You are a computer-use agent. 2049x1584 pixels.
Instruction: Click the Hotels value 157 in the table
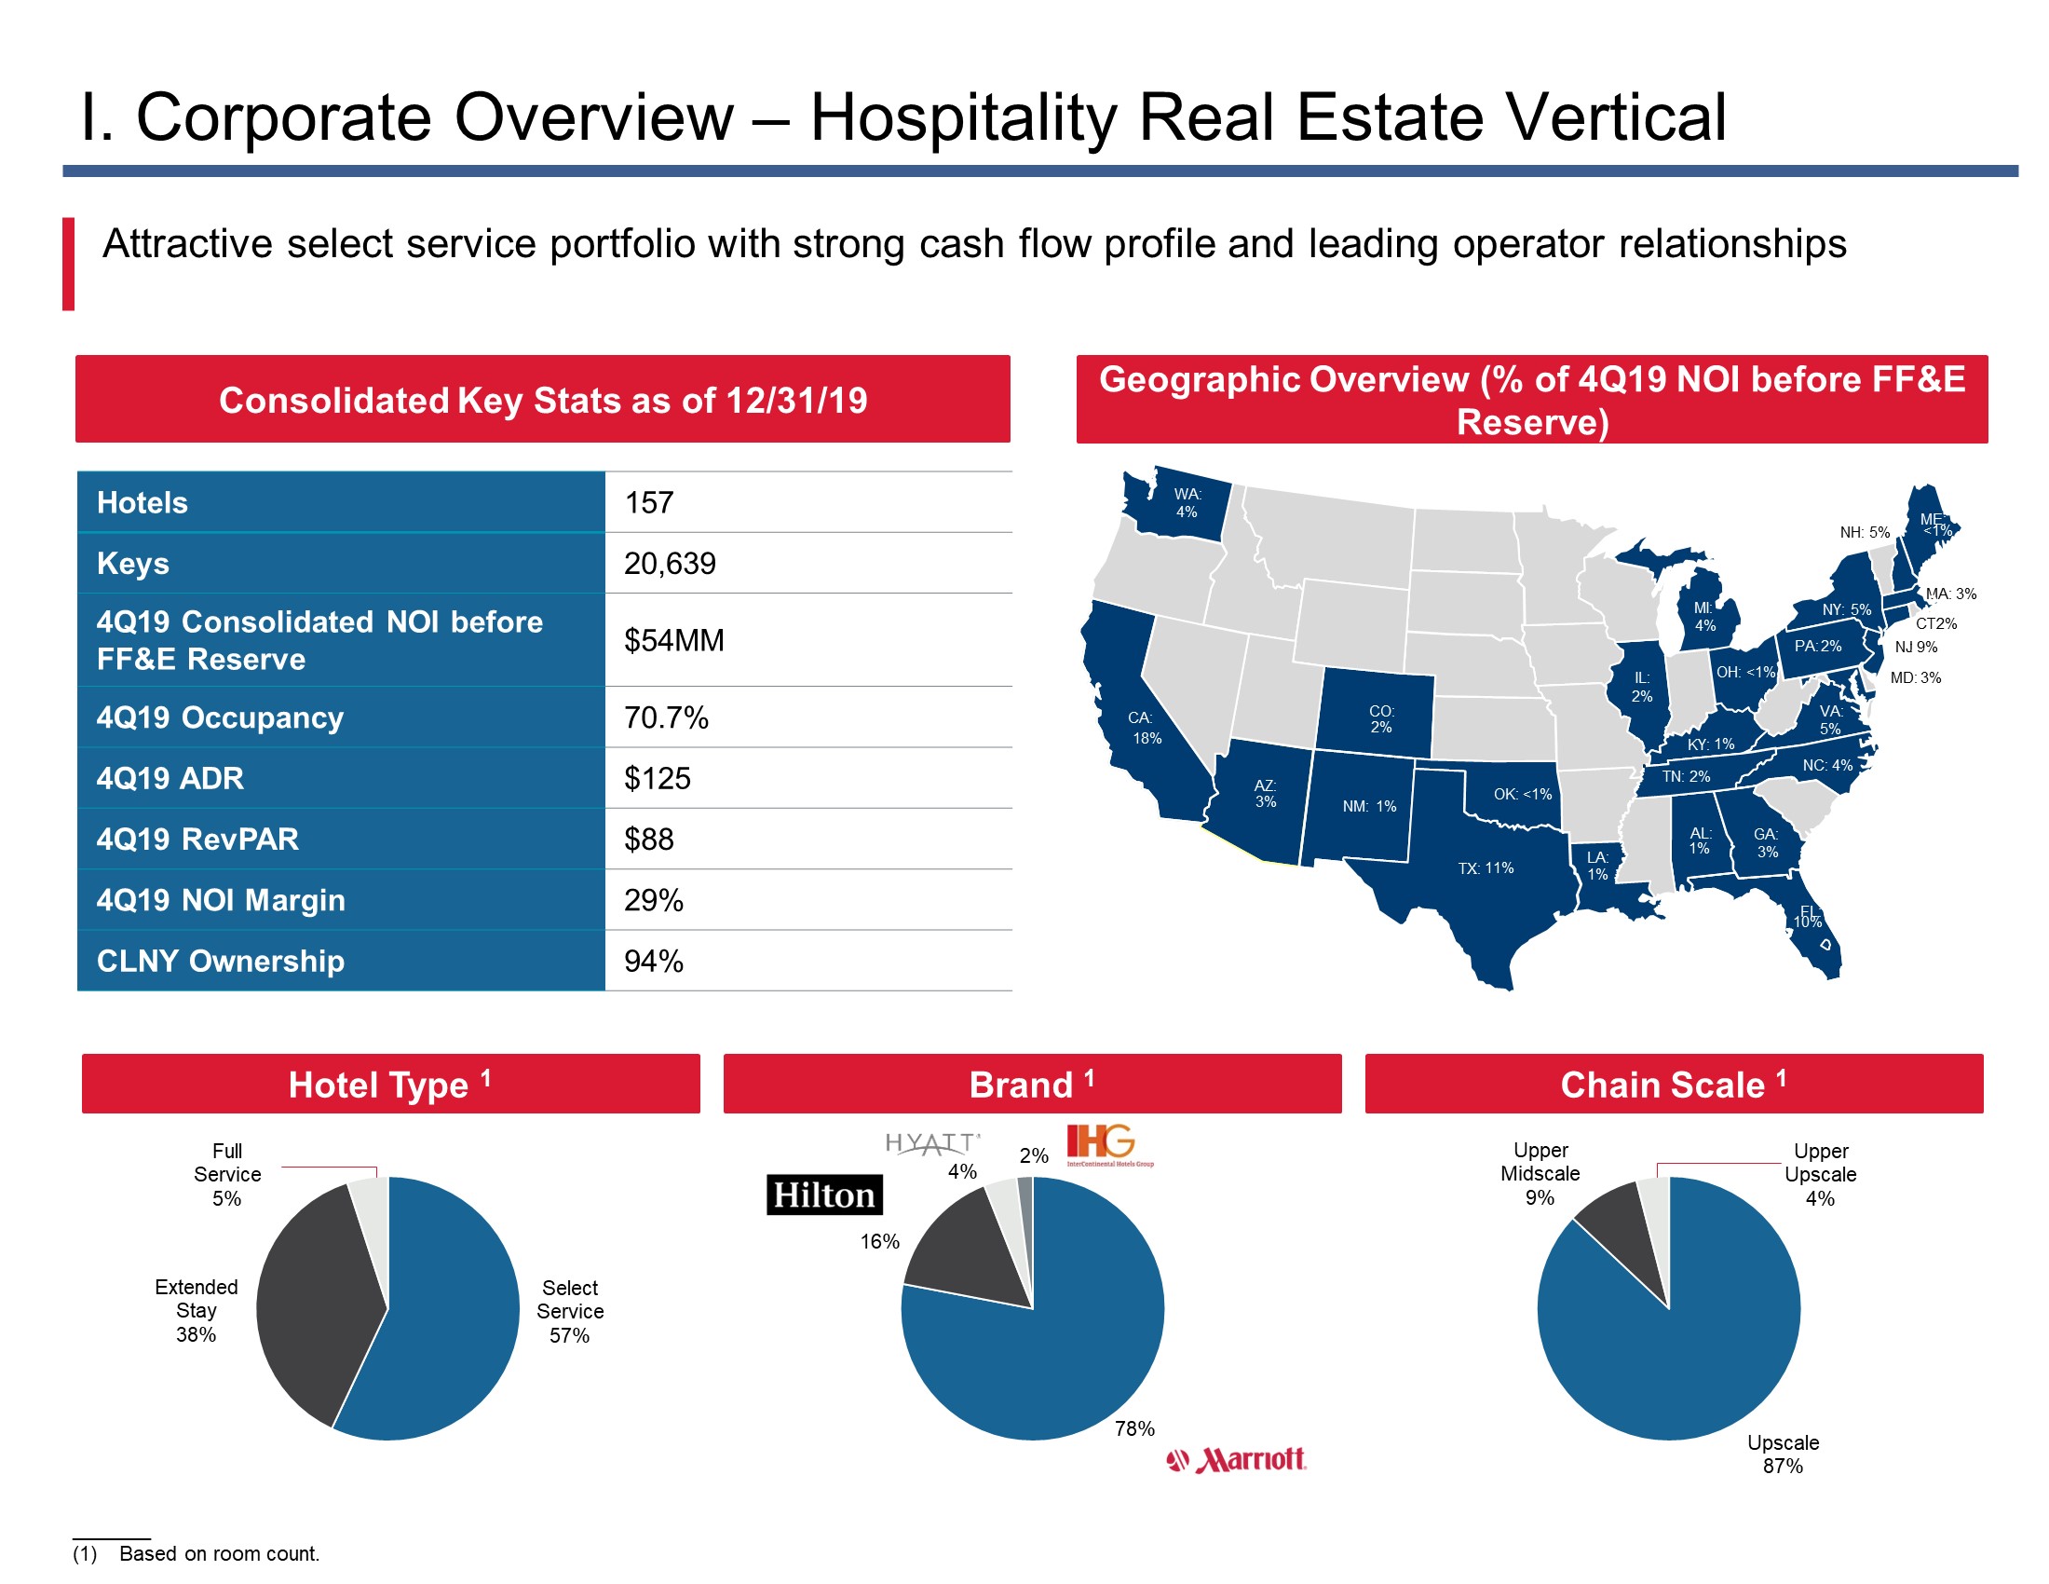click(x=649, y=503)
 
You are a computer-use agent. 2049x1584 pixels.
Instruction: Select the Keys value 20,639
click(x=670, y=564)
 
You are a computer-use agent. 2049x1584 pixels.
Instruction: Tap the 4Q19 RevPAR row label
click(x=198, y=839)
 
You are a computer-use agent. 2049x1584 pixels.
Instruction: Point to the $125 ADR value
click(x=658, y=779)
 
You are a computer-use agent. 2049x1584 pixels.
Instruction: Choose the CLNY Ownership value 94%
click(x=654, y=962)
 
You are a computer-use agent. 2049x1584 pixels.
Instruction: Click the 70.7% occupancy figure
click(x=666, y=717)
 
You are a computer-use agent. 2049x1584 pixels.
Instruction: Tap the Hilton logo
click(x=824, y=1195)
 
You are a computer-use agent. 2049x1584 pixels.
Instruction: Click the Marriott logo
click(x=1236, y=1460)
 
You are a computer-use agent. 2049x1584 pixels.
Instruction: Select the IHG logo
click(x=1110, y=1145)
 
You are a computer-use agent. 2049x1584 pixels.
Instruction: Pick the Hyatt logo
click(x=932, y=1143)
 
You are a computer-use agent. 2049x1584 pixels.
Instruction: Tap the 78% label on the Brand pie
click(x=1134, y=1429)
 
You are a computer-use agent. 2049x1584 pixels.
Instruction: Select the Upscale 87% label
click(x=1783, y=1454)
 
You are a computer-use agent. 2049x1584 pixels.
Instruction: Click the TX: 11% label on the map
click(x=1486, y=868)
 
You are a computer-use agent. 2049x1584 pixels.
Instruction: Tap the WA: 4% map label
click(x=1187, y=503)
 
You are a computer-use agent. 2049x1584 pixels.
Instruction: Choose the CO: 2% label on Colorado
click(x=1381, y=718)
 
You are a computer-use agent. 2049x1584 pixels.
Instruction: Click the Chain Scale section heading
click(x=1674, y=1085)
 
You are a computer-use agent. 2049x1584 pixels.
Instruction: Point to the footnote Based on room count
click(x=220, y=1554)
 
